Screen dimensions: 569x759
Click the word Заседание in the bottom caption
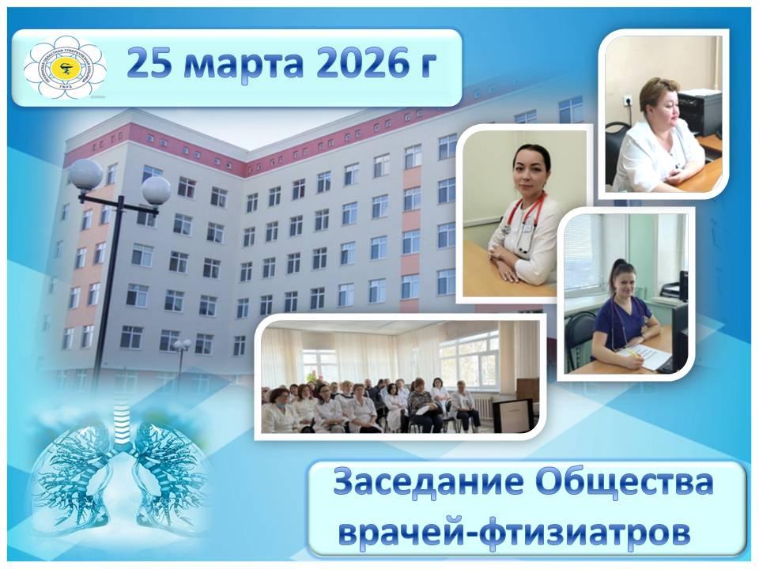pyautogui.click(x=423, y=482)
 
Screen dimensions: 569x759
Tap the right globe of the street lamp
pyautogui.click(x=155, y=190)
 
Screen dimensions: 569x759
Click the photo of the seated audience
pyautogui.click(x=399, y=375)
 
